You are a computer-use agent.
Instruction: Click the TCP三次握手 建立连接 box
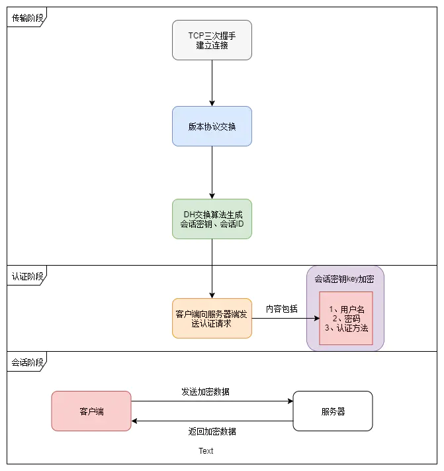click(212, 40)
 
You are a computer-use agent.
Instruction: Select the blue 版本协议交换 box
click(212, 126)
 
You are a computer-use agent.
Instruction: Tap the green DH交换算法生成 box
click(212, 219)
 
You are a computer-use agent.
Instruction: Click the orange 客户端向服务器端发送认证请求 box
click(212, 318)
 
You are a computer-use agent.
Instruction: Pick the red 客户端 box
click(91, 411)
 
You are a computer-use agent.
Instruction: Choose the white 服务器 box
click(333, 411)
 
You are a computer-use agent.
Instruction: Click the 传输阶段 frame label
click(27, 18)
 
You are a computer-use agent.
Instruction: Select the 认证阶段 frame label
click(27, 276)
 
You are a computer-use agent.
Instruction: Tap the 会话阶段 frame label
click(27, 362)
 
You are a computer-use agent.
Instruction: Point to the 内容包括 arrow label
click(282, 309)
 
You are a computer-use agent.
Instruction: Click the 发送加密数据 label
click(206, 392)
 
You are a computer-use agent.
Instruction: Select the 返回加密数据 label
click(212, 431)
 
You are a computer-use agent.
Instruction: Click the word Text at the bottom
click(206, 451)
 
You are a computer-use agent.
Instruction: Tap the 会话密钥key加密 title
click(345, 279)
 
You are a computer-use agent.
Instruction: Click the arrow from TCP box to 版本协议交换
click(212, 83)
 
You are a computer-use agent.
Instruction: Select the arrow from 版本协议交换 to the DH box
click(212, 172)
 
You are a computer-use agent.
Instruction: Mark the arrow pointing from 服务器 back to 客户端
click(212, 421)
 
